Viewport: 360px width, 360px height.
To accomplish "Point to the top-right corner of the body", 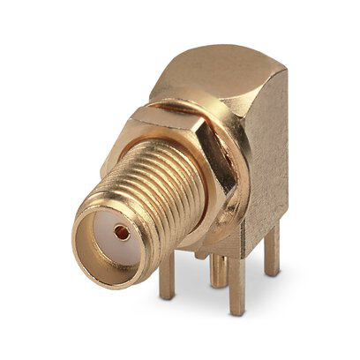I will click(x=284, y=66).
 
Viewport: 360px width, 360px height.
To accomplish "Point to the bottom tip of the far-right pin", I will click(x=273, y=273).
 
